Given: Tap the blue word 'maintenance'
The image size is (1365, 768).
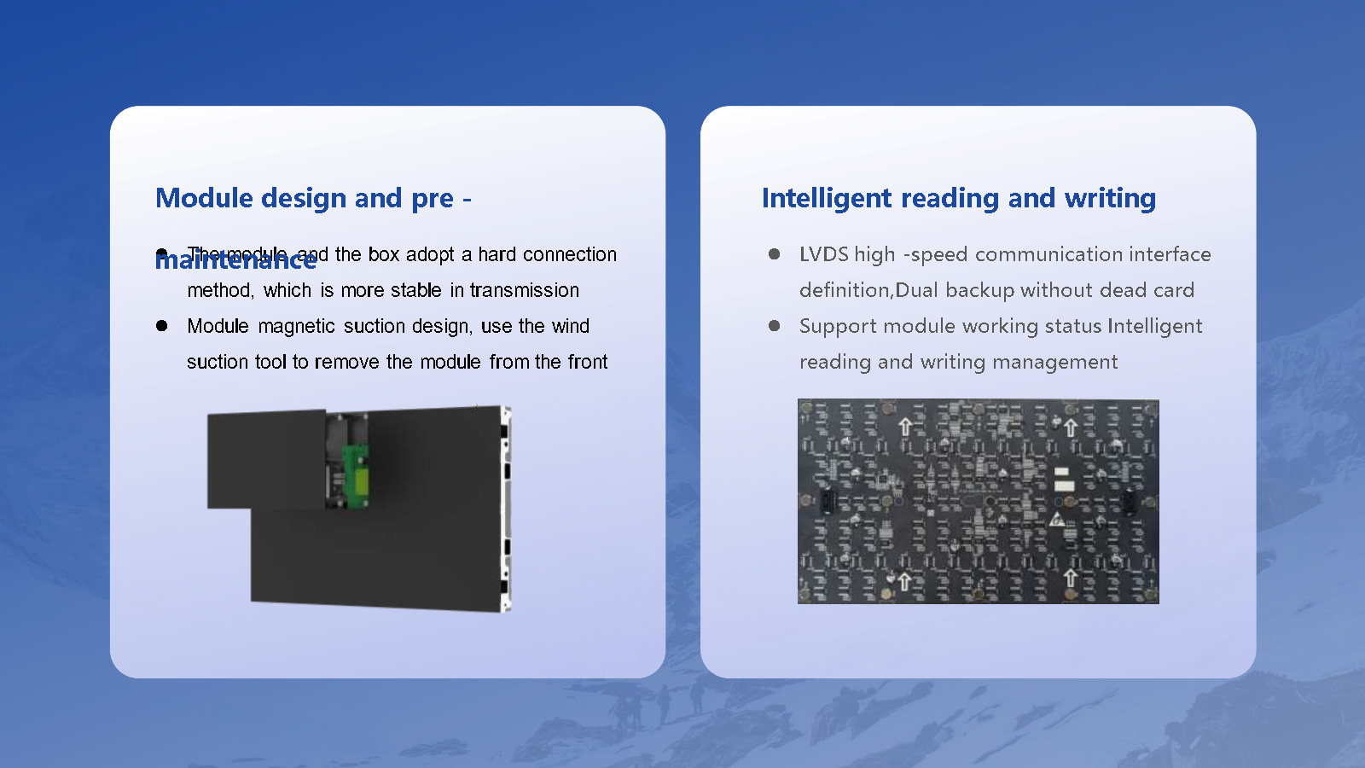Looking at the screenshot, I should click(x=235, y=259).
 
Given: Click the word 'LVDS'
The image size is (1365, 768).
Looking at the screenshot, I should click(x=823, y=254).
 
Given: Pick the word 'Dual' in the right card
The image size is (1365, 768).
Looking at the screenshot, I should click(x=916, y=290).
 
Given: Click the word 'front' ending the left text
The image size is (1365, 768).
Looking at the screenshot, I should click(x=588, y=362).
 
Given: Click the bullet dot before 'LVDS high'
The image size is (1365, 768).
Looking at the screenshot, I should click(x=774, y=254).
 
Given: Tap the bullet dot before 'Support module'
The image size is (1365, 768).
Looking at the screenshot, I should click(x=774, y=326).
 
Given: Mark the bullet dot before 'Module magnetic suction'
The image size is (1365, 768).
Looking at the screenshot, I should click(x=162, y=326).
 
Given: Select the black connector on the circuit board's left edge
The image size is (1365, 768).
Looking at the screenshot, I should click(x=826, y=502).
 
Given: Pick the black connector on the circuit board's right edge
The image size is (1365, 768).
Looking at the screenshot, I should click(x=1129, y=502).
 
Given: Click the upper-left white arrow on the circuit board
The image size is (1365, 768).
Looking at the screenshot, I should click(x=905, y=426).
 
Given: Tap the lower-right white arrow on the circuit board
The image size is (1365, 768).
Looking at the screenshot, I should click(x=1070, y=579).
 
